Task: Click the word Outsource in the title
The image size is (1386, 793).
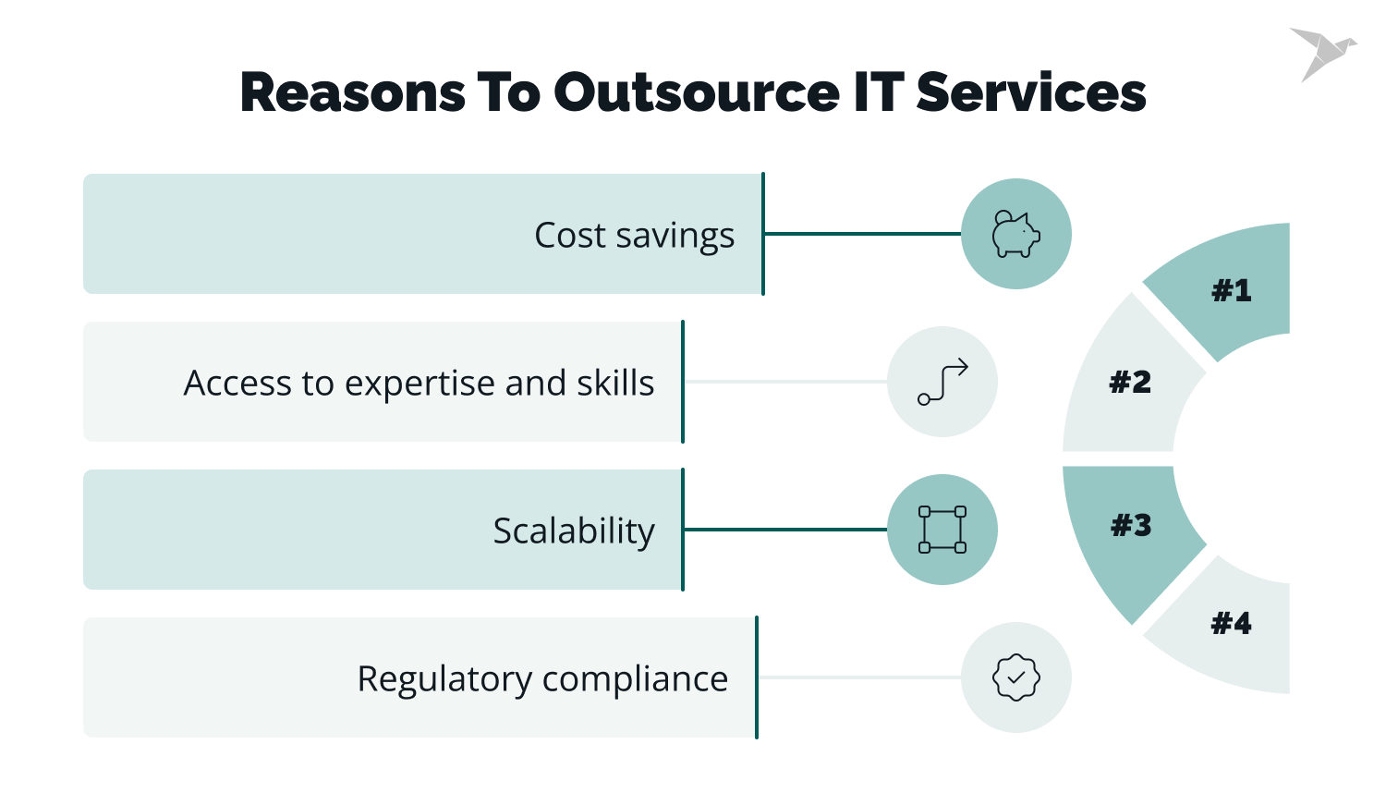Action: pos(697,92)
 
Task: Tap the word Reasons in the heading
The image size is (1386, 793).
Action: pos(352,92)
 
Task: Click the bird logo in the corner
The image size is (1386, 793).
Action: pos(1321,54)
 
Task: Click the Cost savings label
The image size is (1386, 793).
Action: pos(634,235)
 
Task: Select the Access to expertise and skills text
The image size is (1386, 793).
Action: pos(419,383)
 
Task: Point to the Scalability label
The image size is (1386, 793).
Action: pos(574,531)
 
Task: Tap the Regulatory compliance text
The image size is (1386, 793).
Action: pos(542,678)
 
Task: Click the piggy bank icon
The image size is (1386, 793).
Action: pos(1015,234)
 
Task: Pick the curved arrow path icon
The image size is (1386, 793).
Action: pos(942,382)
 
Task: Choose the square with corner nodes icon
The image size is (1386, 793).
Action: pos(942,530)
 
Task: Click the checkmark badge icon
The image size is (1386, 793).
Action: pos(1015,677)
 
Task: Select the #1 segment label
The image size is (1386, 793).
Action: pos(1231,291)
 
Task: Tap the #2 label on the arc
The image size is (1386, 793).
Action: pos(1130,382)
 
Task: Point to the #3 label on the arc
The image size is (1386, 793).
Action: pos(1131,526)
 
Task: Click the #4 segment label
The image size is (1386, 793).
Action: pos(1231,624)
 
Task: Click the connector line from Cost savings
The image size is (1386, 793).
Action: pos(862,234)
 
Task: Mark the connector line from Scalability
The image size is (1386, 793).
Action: pos(785,530)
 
